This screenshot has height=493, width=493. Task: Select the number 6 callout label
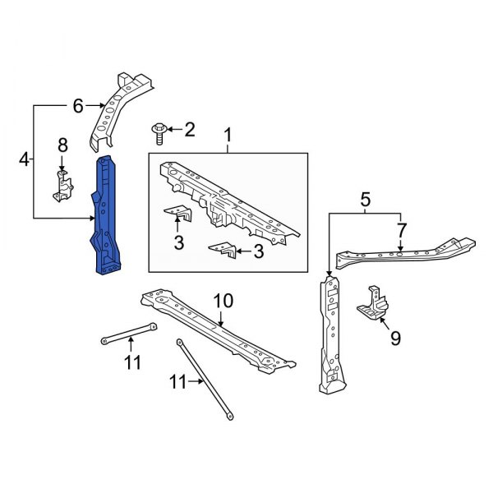(79, 105)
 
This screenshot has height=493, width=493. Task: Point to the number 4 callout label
(25, 160)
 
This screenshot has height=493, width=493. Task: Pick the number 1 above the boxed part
(228, 133)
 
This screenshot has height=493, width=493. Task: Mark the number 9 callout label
(395, 338)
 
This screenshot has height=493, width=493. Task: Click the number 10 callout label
(223, 302)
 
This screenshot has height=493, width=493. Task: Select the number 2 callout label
(190, 129)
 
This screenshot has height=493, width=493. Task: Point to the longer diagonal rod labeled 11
(200, 377)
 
